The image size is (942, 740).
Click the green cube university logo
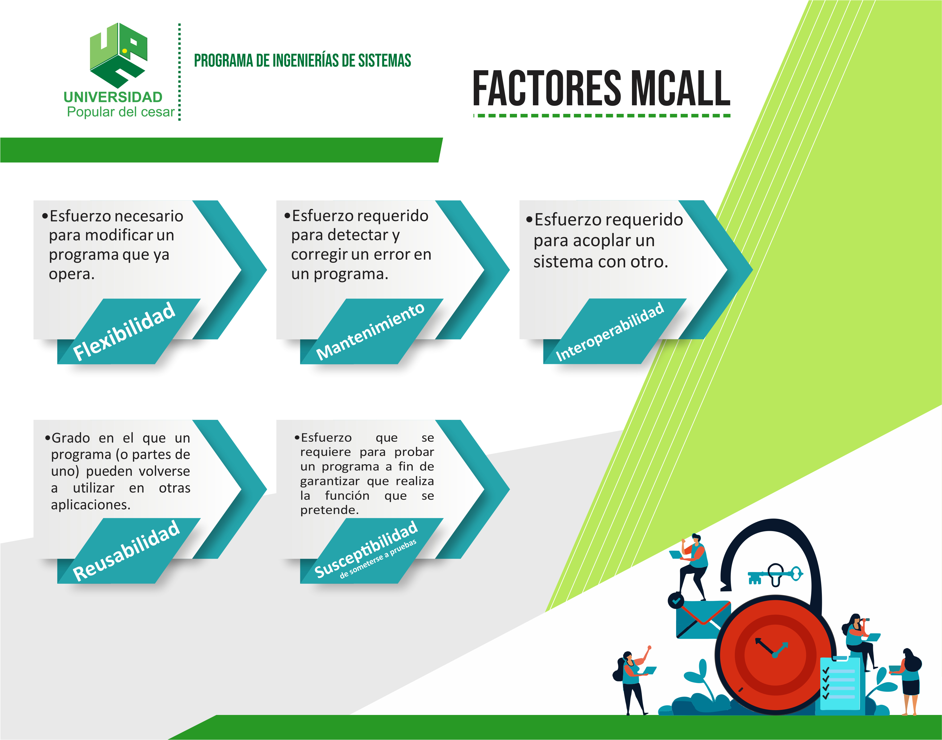(118, 55)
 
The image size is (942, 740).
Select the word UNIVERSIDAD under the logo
(113, 97)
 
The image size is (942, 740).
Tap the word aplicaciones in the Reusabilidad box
(91, 505)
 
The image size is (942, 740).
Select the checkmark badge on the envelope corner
(676, 601)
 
